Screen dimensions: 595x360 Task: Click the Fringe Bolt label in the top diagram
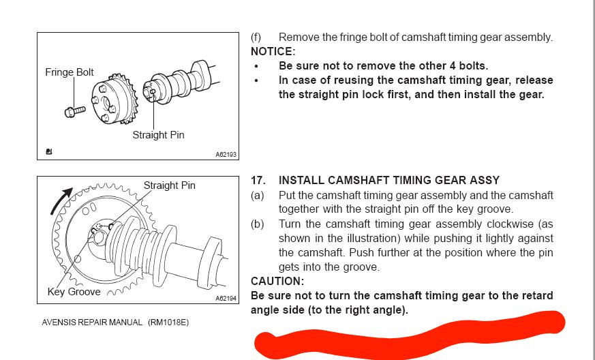point(70,72)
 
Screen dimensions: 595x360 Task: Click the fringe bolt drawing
point(75,112)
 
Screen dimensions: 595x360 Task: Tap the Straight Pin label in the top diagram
point(158,135)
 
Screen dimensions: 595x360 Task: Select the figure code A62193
point(226,155)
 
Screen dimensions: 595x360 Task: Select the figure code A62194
point(226,299)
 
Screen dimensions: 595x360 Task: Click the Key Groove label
point(74,292)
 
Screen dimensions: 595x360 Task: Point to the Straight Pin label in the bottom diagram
point(169,185)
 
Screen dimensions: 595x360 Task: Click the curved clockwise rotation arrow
point(61,200)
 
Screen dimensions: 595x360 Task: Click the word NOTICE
point(273,51)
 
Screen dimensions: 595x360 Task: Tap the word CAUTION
point(277,282)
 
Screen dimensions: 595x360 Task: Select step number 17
point(258,180)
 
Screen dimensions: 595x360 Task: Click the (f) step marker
point(256,37)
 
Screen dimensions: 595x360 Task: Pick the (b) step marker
point(257,224)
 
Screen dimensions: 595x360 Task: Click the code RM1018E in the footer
point(168,322)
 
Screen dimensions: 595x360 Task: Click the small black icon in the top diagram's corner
point(48,152)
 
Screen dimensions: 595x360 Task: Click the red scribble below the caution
point(409,334)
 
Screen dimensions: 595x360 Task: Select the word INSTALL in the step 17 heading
point(301,180)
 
